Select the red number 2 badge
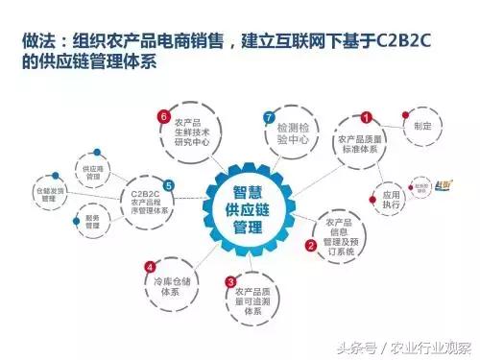click(310, 245)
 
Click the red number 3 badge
click(229, 281)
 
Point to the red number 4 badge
click(151, 266)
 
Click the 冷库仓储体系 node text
click(167, 287)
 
